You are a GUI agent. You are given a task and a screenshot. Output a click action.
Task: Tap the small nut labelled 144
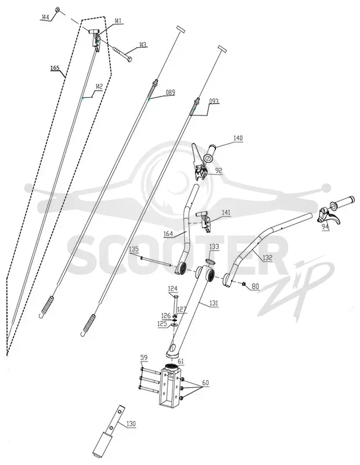point(57,9)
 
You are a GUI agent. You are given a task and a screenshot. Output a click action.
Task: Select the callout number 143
point(142,45)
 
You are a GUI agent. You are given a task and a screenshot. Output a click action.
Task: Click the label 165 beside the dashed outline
point(55,68)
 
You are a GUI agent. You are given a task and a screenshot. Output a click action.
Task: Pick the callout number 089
point(170,92)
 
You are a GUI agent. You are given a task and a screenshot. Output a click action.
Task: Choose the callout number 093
point(214,101)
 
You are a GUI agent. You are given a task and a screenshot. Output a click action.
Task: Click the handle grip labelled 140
point(210,152)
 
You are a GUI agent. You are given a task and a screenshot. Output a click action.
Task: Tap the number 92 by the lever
point(219,171)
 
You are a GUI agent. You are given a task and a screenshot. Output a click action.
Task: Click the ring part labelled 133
point(211,261)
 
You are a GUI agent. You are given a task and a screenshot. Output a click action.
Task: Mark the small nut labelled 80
point(243,284)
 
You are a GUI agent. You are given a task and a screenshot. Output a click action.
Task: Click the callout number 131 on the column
point(214,303)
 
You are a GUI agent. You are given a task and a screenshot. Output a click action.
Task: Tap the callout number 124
point(172,288)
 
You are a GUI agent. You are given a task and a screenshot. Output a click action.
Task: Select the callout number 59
point(144,357)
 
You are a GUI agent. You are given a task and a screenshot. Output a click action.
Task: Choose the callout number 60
point(205,383)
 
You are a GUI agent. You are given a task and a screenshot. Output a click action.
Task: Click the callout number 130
point(131,424)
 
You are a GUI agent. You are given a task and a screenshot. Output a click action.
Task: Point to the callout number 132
point(267,257)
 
